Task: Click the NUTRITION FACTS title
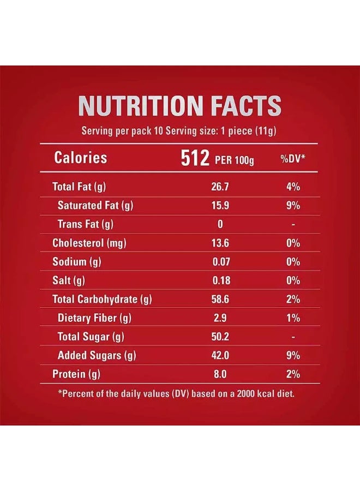pyautogui.click(x=180, y=106)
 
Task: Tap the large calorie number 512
pyautogui.click(x=195, y=158)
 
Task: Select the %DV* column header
pyautogui.click(x=293, y=159)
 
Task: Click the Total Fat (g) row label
pyautogui.click(x=79, y=187)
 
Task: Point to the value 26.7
pyautogui.click(x=220, y=187)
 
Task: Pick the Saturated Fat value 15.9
pyautogui.click(x=220, y=206)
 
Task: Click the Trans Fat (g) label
pyautogui.click(x=86, y=224)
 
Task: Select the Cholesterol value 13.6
pyautogui.click(x=220, y=243)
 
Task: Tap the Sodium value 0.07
pyautogui.click(x=220, y=262)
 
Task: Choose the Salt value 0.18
pyautogui.click(x=220, y=280)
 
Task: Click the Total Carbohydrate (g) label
pyautogui.click(x=101, y=299)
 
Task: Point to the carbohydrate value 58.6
pyautogui.click(x=220, y=299)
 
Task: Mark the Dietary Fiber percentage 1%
pyautogui.click(x=293, y=318)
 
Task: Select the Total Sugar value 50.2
pyautogui.click(x=220, y=337)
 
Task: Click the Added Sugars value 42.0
pyautogui.click(x=220, y=356)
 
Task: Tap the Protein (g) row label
pyautogui.click(x=76, y=374)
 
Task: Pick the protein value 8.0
pyautogui.click(x=220, y=374)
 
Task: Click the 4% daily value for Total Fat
pyautogui.click(x=293, y=187)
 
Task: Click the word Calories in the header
pyautogui.click(x=81, y=158)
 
